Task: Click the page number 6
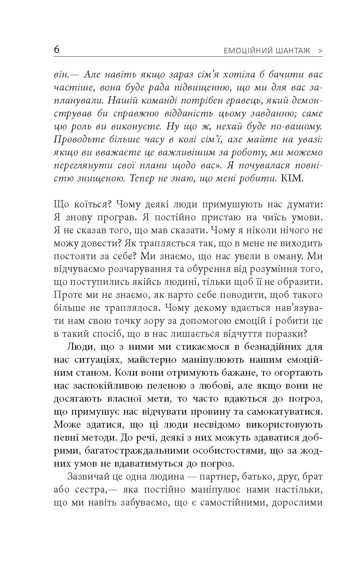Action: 57,50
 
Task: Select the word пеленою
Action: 168,386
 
